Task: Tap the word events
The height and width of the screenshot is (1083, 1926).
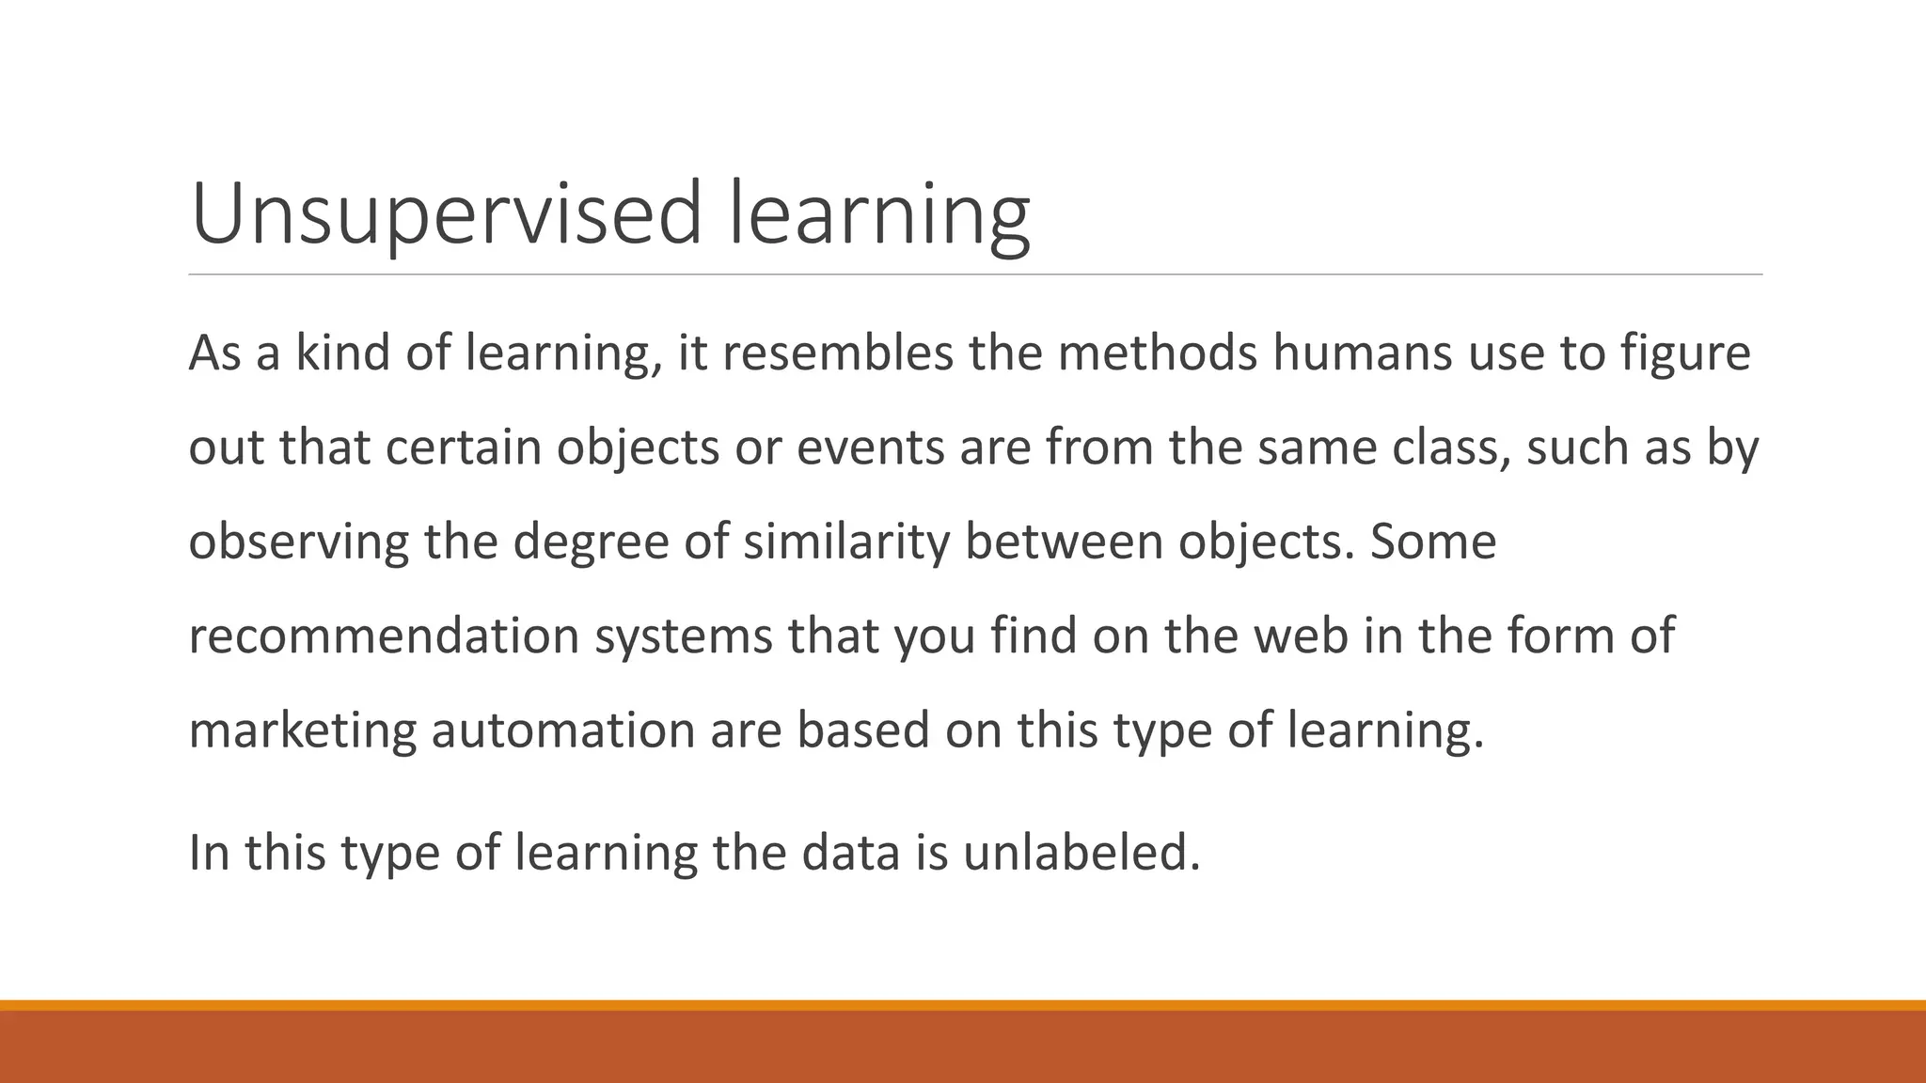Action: pos(870,447)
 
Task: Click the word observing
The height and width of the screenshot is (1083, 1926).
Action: pos(298,542)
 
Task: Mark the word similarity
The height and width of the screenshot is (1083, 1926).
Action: pos(846,542)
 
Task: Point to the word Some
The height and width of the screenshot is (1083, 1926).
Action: pos(1432,542)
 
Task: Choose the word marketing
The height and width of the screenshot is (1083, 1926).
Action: pos(302,731)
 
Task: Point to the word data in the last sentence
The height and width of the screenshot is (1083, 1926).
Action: pos(850,854)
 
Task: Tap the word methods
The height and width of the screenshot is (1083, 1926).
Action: pos(1158,353)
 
